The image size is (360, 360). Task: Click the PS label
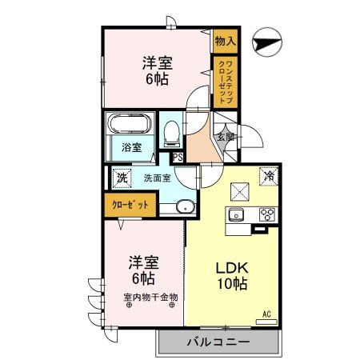pyautogui.click(x=178, y=158)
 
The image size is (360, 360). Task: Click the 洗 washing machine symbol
pyautogui.click(x=121, y=177)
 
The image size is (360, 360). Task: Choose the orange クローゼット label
pyautogui.click(x=130, y=206)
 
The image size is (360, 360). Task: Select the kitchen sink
pyautogui.click(x=238, y=215)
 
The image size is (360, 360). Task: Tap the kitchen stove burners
pyautogui.click(x=266, y=215)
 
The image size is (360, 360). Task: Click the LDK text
pyautogui.click(x=230, y=269)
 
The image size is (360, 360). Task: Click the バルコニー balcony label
pyautogui.click(x=218, y=342)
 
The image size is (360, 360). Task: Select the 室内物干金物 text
pyautogui.click(x=150, y=299)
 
